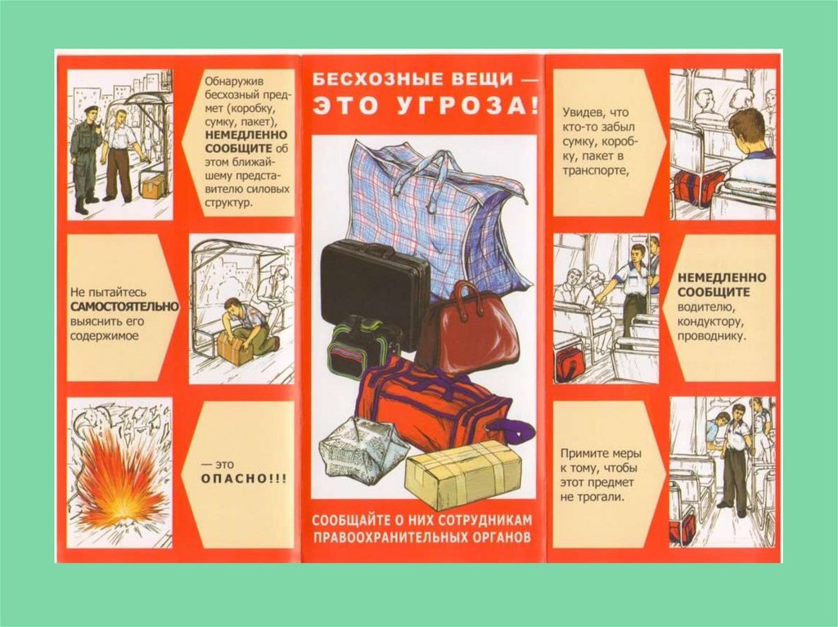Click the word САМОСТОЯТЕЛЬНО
pos(125,307)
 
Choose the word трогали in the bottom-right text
pos(588,497)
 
